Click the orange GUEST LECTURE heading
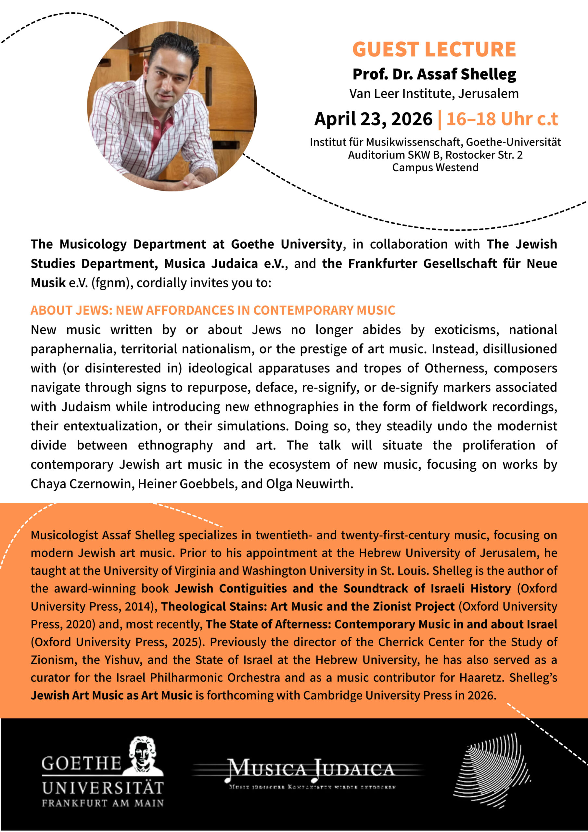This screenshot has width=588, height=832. (434, 49)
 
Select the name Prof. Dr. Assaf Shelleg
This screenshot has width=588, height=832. (434, 74)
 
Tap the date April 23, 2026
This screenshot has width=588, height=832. (373, 119)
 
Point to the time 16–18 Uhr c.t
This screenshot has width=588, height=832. (502, 119)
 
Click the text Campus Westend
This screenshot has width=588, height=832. (435, 167)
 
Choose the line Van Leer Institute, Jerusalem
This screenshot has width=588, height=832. (434, 94)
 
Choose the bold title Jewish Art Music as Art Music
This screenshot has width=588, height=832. (111, 695)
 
